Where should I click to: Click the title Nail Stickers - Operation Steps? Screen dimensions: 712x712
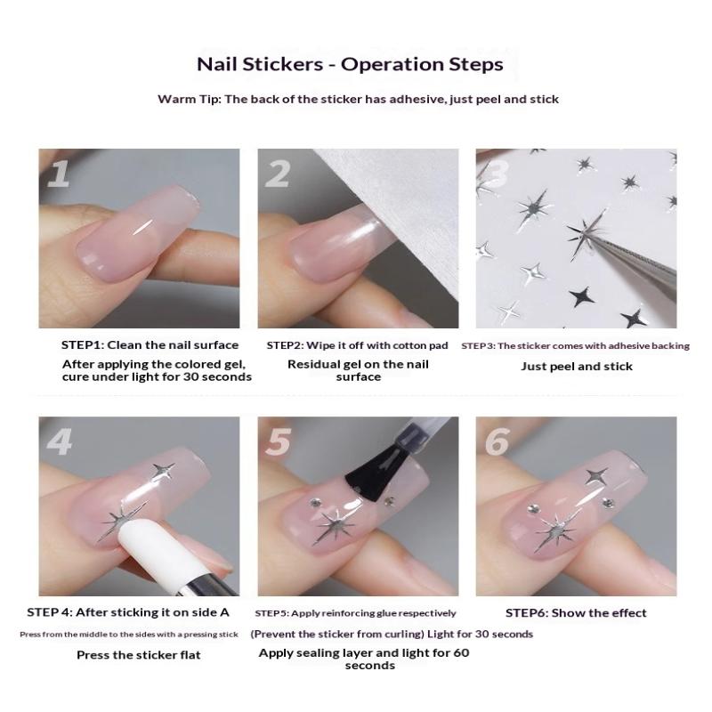pyautogui.click(x=350, y=64)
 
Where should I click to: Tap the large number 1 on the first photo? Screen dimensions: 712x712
pyautogui.click(x=59, y=173)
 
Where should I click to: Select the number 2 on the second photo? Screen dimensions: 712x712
pyautogui.click(x=277, y=173)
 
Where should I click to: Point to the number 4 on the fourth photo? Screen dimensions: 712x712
pyautogui.click(x=60, y=441)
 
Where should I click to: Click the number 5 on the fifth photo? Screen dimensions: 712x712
pyautogui.click(x=278, y=441)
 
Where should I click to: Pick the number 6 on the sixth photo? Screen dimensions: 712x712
pyautogui.click(x=498, y=441)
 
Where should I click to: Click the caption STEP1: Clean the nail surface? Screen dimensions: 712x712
pyautogui.click(x=150, y=345)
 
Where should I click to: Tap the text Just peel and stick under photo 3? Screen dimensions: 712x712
pyautogui.click(x=577, y=367)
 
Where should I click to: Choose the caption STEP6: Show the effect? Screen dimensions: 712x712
pyautogui.click(x=576, y=613)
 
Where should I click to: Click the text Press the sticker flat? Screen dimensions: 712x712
pyautogui.click(x=139, y=655)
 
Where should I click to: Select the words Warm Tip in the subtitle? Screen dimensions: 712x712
pyautogui.click(x=189, y=100)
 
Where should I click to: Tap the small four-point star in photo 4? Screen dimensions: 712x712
pyautogui.click(x=164, y=472)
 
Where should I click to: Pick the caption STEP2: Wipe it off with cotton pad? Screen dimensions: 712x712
pyautogui.click(x=358, y=345)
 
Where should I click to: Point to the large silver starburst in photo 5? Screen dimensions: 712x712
pyautogui.click(x=336, y=525)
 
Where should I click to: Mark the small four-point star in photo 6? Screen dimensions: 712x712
pyautogui.click(x=596, y=476)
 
